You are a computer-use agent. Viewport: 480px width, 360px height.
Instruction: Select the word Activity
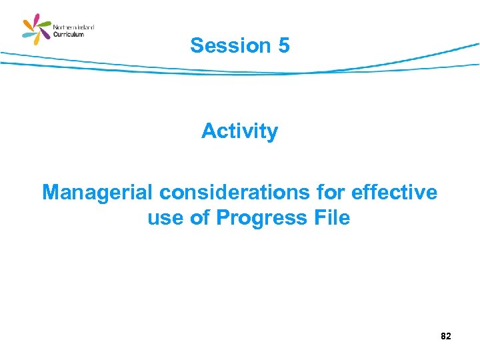coord(239,131)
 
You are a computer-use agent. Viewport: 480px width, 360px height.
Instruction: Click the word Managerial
coord(98,193)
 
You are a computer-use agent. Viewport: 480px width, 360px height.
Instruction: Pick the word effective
coord(395,193)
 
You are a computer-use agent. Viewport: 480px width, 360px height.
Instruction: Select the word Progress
coord(257,218)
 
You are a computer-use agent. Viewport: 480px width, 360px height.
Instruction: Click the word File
coord(328,218)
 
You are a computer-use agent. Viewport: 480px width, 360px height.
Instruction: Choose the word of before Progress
coord(200,218)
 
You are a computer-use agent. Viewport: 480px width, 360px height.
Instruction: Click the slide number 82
coord(446,337)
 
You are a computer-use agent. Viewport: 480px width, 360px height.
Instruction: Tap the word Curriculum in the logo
coord(69,34)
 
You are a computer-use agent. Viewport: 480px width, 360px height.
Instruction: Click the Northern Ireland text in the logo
coord(73,27)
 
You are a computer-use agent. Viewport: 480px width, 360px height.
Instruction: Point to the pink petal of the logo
coord(37,19)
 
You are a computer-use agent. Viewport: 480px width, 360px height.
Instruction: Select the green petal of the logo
coord(45,24)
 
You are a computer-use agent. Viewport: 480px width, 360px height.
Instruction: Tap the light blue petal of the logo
coord(28,35)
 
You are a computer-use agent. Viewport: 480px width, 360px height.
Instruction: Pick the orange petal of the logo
coord(27,24)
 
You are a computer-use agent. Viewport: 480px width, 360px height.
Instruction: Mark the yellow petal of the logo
coord(37,40)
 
